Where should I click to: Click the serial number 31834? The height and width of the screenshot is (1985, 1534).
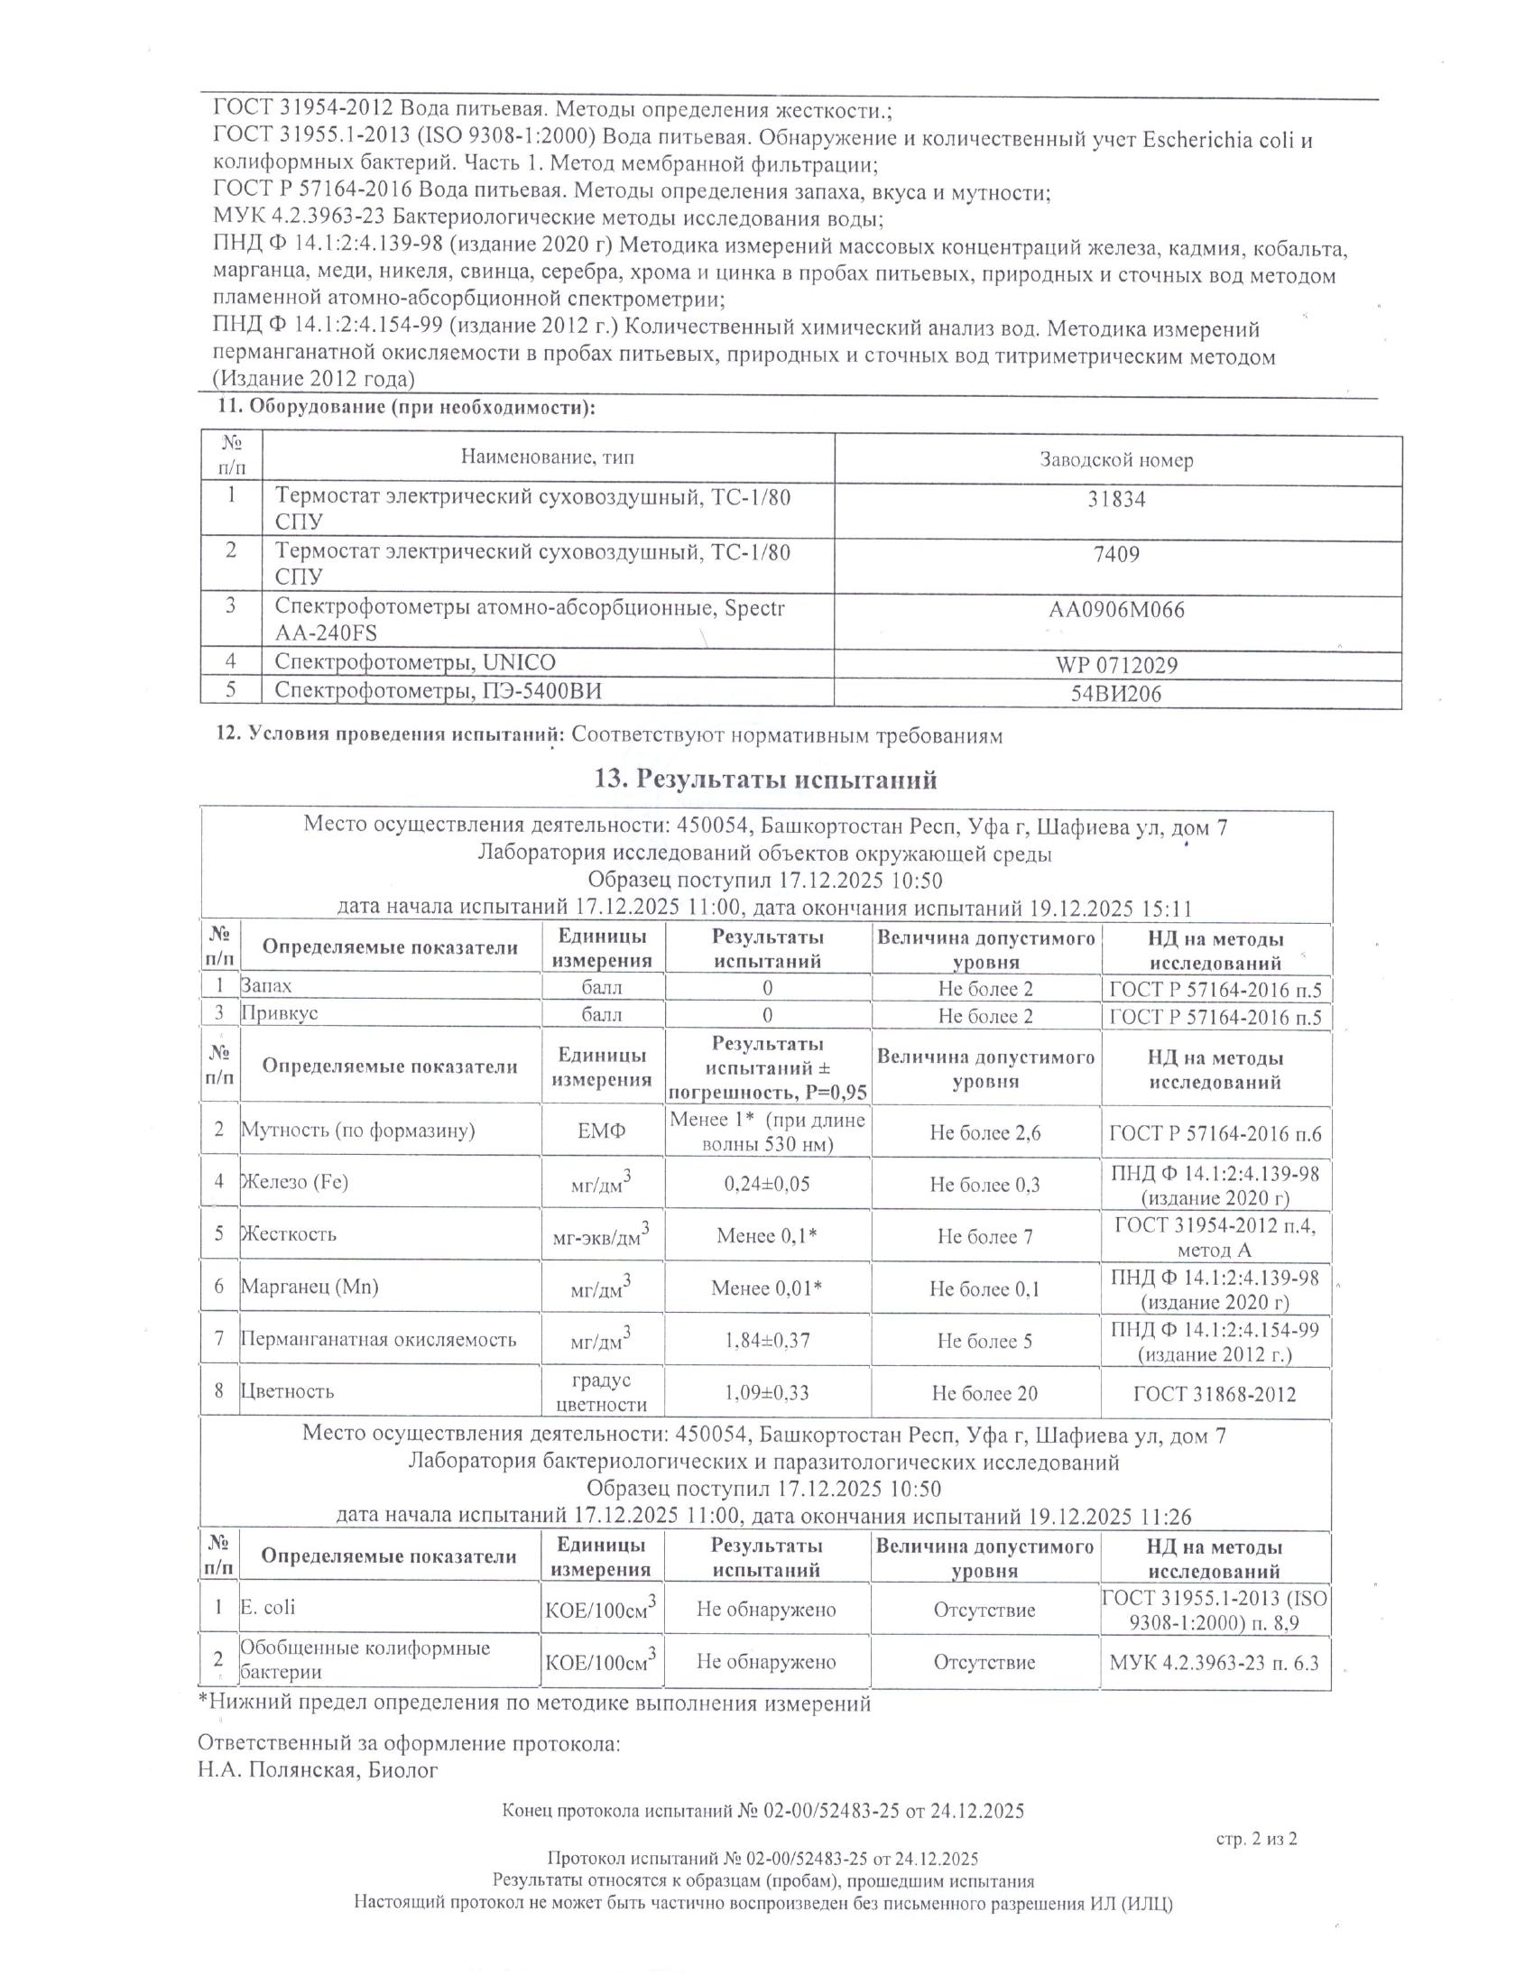click(1116, 499)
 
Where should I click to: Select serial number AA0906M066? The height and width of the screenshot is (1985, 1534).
click(1116, 610)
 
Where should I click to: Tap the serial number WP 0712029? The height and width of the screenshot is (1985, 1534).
click(1116, 665)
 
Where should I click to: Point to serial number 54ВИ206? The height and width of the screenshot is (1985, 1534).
click(1116, 696)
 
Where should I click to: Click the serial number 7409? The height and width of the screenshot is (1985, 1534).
click(1116, 554)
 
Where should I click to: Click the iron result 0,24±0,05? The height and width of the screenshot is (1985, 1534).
click(767, 1184)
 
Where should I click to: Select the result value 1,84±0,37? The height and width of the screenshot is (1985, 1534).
click(767, 1340)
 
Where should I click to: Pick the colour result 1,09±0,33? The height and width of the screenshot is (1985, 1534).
click(767, 1392)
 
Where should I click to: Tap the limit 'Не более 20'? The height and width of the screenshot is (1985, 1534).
click(984, 1392)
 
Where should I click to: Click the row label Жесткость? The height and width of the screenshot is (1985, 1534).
click(288, 1234)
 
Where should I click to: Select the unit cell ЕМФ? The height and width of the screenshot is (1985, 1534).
click(602, 1131)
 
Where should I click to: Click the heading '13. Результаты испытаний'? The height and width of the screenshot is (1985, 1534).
click(765, 779)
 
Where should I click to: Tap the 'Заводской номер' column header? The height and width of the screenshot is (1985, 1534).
click(1116, 460)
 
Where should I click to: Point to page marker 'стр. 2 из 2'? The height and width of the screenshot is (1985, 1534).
click(1256, 1839)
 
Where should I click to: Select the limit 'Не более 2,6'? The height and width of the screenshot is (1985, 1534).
click(984, 1132)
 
